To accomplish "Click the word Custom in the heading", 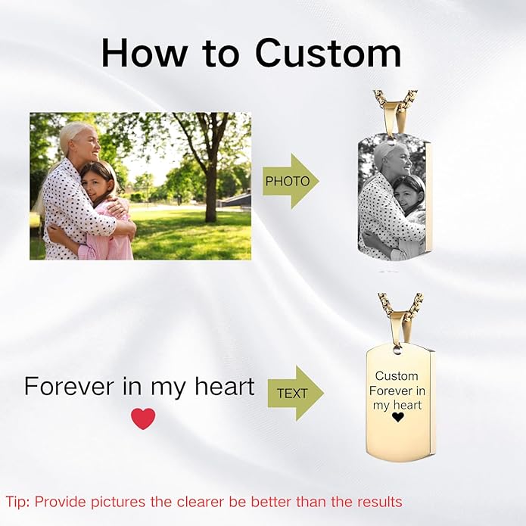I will pyautogui.click(x=328, y=53).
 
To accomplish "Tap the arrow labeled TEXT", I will pyautogui.click(x=294, y=393).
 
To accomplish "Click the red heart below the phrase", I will pyautogui.click(x=143, y=419).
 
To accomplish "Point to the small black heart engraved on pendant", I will pyautogui.click(x=397, y=417).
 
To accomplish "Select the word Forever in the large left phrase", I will pyautogui.click(x=69, y=386).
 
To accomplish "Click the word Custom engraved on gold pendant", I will pyautogui.click(x=397, y=376).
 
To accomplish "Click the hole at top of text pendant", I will pyautogui.click(x=397, y=350).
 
